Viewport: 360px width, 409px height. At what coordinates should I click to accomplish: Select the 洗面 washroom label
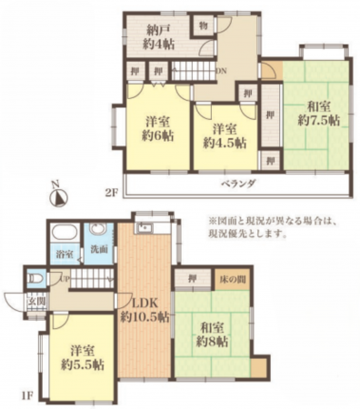[x=96, y=248]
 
